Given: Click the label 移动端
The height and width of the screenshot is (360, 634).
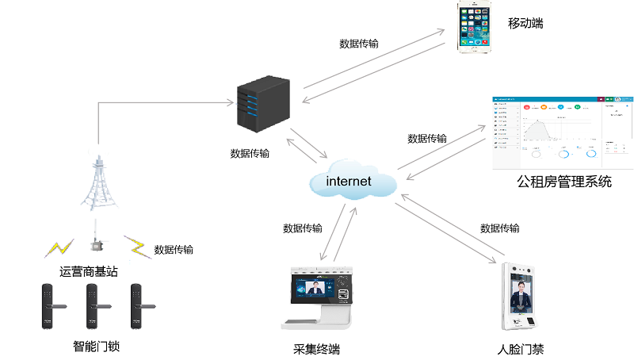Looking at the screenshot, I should point(525,23).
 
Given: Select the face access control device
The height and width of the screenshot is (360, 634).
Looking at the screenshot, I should point(521,296).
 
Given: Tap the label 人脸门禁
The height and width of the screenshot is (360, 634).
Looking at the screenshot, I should point(520,349).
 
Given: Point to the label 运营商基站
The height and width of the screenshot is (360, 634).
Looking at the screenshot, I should point(89,271).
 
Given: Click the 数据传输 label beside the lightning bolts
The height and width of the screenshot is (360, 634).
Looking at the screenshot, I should point(174,250).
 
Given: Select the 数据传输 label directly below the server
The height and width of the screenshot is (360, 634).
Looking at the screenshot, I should point(250,154).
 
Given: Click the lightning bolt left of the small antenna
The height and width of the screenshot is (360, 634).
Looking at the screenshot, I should point(59,247).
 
